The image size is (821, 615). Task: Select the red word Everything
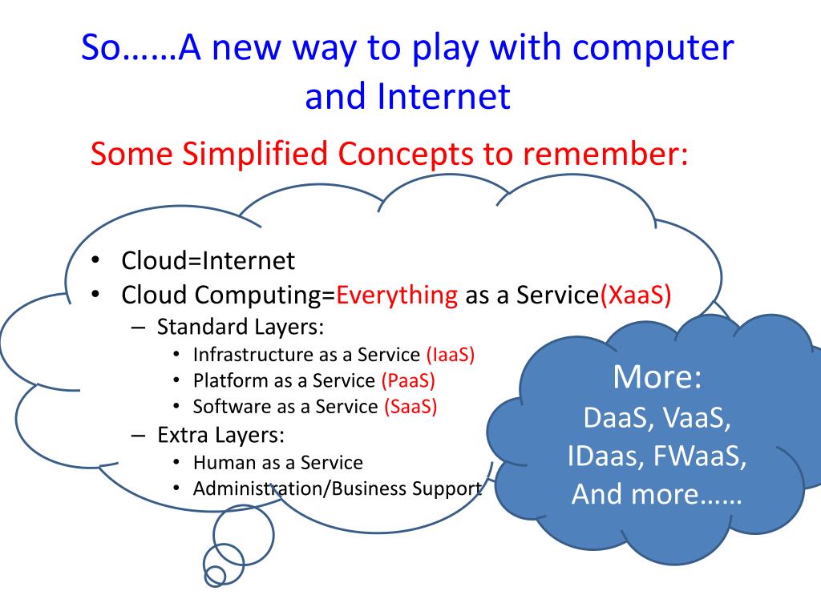[397, 295]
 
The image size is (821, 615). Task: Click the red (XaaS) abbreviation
[635, 295]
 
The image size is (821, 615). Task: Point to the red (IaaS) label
[451, 355]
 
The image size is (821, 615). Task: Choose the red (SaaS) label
[410, 406]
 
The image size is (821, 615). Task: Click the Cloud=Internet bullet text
[208, 260]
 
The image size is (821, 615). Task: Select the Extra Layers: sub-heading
[221, 436]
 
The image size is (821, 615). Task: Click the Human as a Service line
[277, 463]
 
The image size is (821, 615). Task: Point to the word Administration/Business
[300, 488]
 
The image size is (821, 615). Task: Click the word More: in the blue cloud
[657, 377]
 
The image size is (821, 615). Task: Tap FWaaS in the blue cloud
[700, 456]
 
